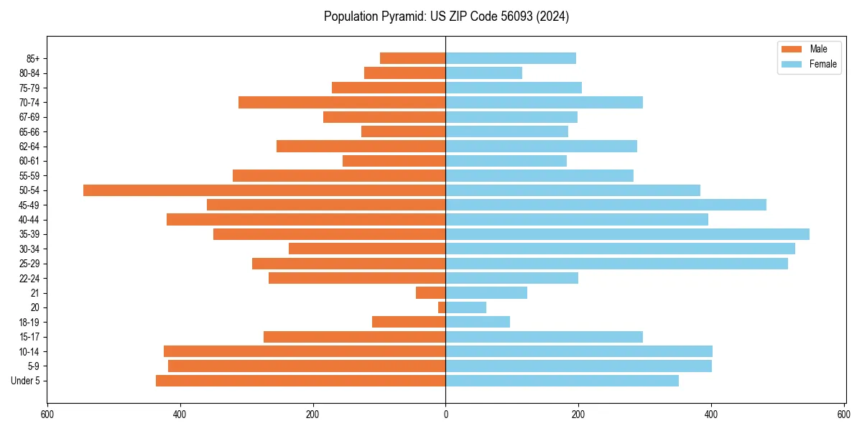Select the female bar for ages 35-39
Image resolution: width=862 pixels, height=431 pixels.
pyautogui.click(x=627, y=234)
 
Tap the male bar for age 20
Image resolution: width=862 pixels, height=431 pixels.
pyautogui.click(x=442, y=307)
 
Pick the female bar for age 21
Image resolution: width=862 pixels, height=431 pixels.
pyautogui.click(x=486, y=293)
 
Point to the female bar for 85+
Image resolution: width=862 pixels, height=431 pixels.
pyautogui.click(x=511, y=58)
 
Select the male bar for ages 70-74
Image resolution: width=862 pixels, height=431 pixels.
pyautogui.click(x=342, y=103)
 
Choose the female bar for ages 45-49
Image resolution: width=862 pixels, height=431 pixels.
pyautogui.click(x=606, y=205)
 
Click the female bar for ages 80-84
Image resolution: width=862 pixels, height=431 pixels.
pyautogui.click(x=483, y=73)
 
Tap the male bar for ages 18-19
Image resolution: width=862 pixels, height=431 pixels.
pyautogui.click(x=409, y=323)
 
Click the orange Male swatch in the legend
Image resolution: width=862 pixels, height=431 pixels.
pyautogui.click(x=791, y=49)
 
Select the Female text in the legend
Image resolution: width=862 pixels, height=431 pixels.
pyautogui.click(x=822, y=65)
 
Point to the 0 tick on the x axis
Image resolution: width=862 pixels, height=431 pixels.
pyautogui.click(x=445, y=414)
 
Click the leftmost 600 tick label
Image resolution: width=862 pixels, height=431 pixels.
pyautogui.click(x=47, y=414)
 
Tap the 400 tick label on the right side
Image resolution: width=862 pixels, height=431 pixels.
pyautogui.click(x=711, y=414)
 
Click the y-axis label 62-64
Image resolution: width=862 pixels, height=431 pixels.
pyautogui.click(x=29, y=147)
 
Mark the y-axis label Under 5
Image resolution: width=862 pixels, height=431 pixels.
pyautogui.click(x=25, y=381)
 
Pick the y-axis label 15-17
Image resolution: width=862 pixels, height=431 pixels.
pyautogui.click(x=29, y=337)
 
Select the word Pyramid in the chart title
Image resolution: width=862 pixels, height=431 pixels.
pyautogui.click(x=402, y=17)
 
